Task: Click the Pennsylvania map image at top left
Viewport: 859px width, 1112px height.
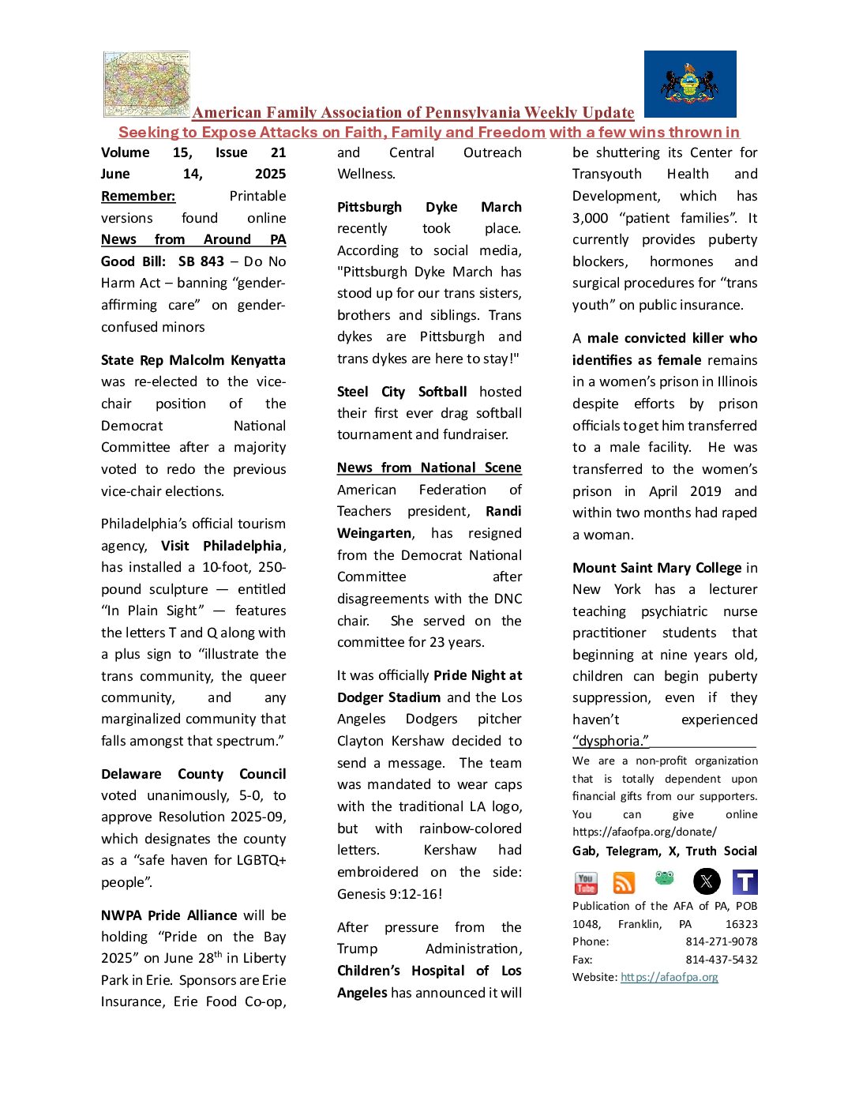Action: click(x=147, y=84)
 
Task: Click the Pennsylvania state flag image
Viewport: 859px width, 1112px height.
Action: click(x=690, y=84)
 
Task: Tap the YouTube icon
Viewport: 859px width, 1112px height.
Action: click(x=586, y=882)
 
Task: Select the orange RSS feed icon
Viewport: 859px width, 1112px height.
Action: click(x=624, y=882)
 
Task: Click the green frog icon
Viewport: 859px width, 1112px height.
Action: click(x=664, y=878)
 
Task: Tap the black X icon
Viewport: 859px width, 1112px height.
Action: click(x=707, y=881)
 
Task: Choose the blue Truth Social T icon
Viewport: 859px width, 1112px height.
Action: click(x=745, y=882)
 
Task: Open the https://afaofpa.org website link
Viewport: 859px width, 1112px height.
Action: click(x=670, y=977)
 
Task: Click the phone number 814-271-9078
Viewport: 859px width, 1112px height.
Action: click(x=722, y=941)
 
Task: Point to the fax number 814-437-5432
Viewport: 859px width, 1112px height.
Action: click(x=722, y=960)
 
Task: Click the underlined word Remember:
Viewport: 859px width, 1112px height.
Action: click(x=138, y=196)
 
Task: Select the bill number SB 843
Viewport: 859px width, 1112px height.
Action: click(x=201, y=261)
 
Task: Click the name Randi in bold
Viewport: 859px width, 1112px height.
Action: click(x=504, y=511)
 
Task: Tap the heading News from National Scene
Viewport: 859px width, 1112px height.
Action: click(x=429, y=468)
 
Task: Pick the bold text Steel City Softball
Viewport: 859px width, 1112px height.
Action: click(x=402, y=392)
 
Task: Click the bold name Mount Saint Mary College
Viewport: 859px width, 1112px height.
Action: click(x=657, y=568)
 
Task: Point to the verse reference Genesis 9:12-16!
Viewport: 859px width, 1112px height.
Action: click(x=390, y=894)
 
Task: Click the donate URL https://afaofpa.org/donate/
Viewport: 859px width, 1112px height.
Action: click(x=645, y=832)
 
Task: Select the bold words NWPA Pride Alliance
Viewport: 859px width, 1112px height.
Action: click(x=169, y=915)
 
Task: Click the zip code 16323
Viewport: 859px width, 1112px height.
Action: click(x=741, y=924)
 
